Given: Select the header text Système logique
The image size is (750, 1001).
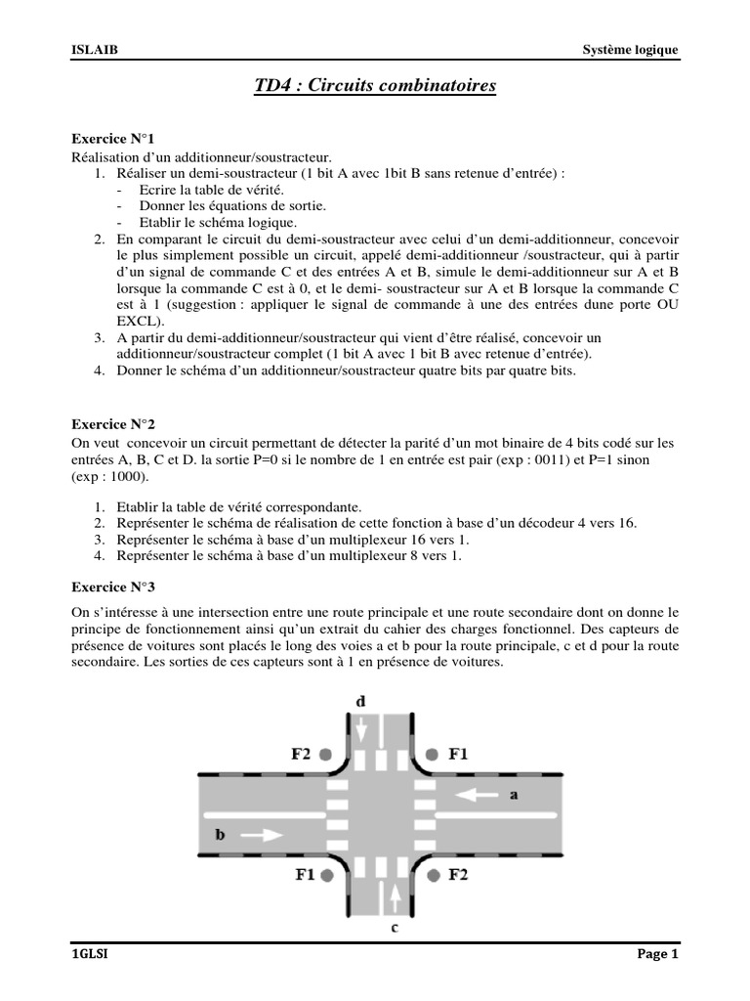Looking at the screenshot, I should (x=630, y=50).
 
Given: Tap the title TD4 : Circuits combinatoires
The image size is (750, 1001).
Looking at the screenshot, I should (x=375, y=87).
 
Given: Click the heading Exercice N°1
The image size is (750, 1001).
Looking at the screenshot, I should (x=113, y=140).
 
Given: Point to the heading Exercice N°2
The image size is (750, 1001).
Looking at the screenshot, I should (x=113, y=425).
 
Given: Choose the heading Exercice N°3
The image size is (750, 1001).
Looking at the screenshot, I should (x=113, y=587).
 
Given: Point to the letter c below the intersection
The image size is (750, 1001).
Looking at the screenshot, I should (x=394, y=928).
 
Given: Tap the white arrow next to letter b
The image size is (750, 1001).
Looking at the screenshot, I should (x=260, y=835).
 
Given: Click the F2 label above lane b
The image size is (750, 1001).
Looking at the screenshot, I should (x=300, y=755).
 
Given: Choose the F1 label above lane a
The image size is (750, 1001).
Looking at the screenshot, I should (x=458, y=755).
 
